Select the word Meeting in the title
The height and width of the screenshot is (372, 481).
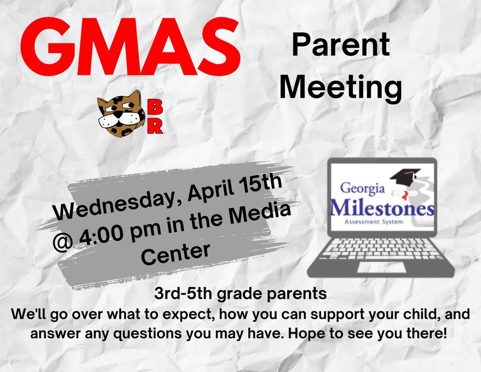coord(341,88)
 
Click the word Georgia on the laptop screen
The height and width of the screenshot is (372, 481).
coord(362,189)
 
